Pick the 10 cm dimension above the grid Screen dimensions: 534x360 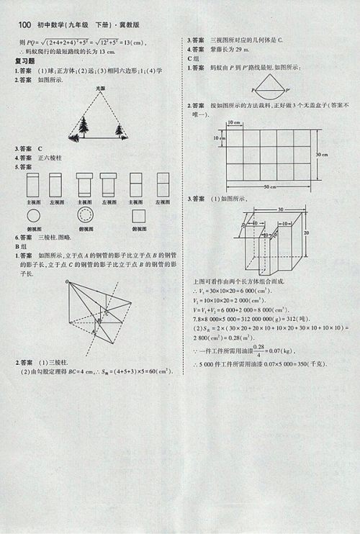pos(234,123)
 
